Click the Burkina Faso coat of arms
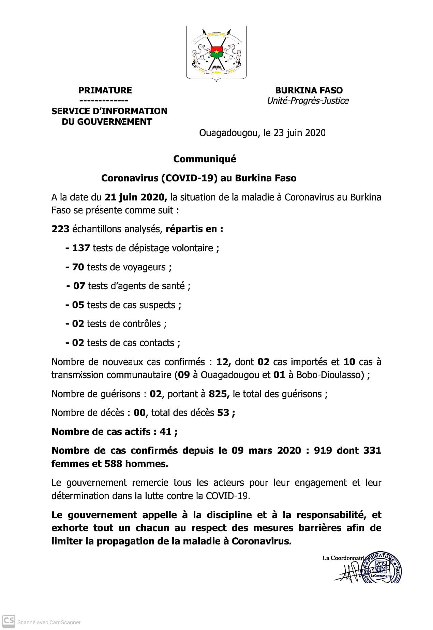coord(216,53)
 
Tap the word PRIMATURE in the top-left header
coord(105,90)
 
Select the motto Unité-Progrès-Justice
coord(308,101)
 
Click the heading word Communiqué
coord(205,159)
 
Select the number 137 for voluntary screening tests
coord(81,248)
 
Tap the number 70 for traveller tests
coord(78,267)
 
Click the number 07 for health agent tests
coord(79,286)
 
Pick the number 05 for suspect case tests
coord(78,305)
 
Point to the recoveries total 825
coord(219,394)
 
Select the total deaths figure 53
coord(223,413)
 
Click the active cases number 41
coord(165,432)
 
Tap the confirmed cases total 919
coord(323,451)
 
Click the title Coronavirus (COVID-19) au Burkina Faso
coord(199,178)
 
